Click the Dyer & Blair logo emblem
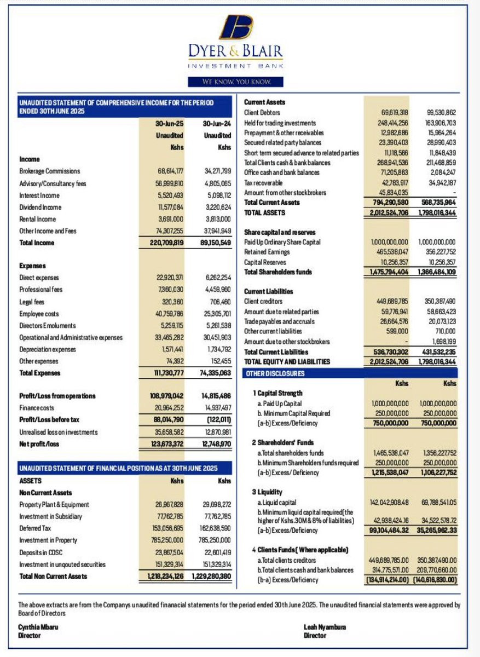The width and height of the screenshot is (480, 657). [x=236, y=27]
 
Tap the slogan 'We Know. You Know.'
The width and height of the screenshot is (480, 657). [x=236, y=82]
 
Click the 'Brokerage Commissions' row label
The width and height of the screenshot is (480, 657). [x=49, y=171]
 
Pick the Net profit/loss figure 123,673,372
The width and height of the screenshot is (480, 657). [x=167, y=444]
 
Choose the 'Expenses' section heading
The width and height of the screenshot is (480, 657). [x=32, y=266]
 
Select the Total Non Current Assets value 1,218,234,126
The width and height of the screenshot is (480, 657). [x=166, y=576]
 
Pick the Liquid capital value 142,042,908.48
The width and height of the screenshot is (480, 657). [x=389, y=502]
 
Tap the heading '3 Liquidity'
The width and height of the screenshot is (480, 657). [x=270, y=491]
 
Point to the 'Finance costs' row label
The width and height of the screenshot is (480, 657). [x=39, y=408]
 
